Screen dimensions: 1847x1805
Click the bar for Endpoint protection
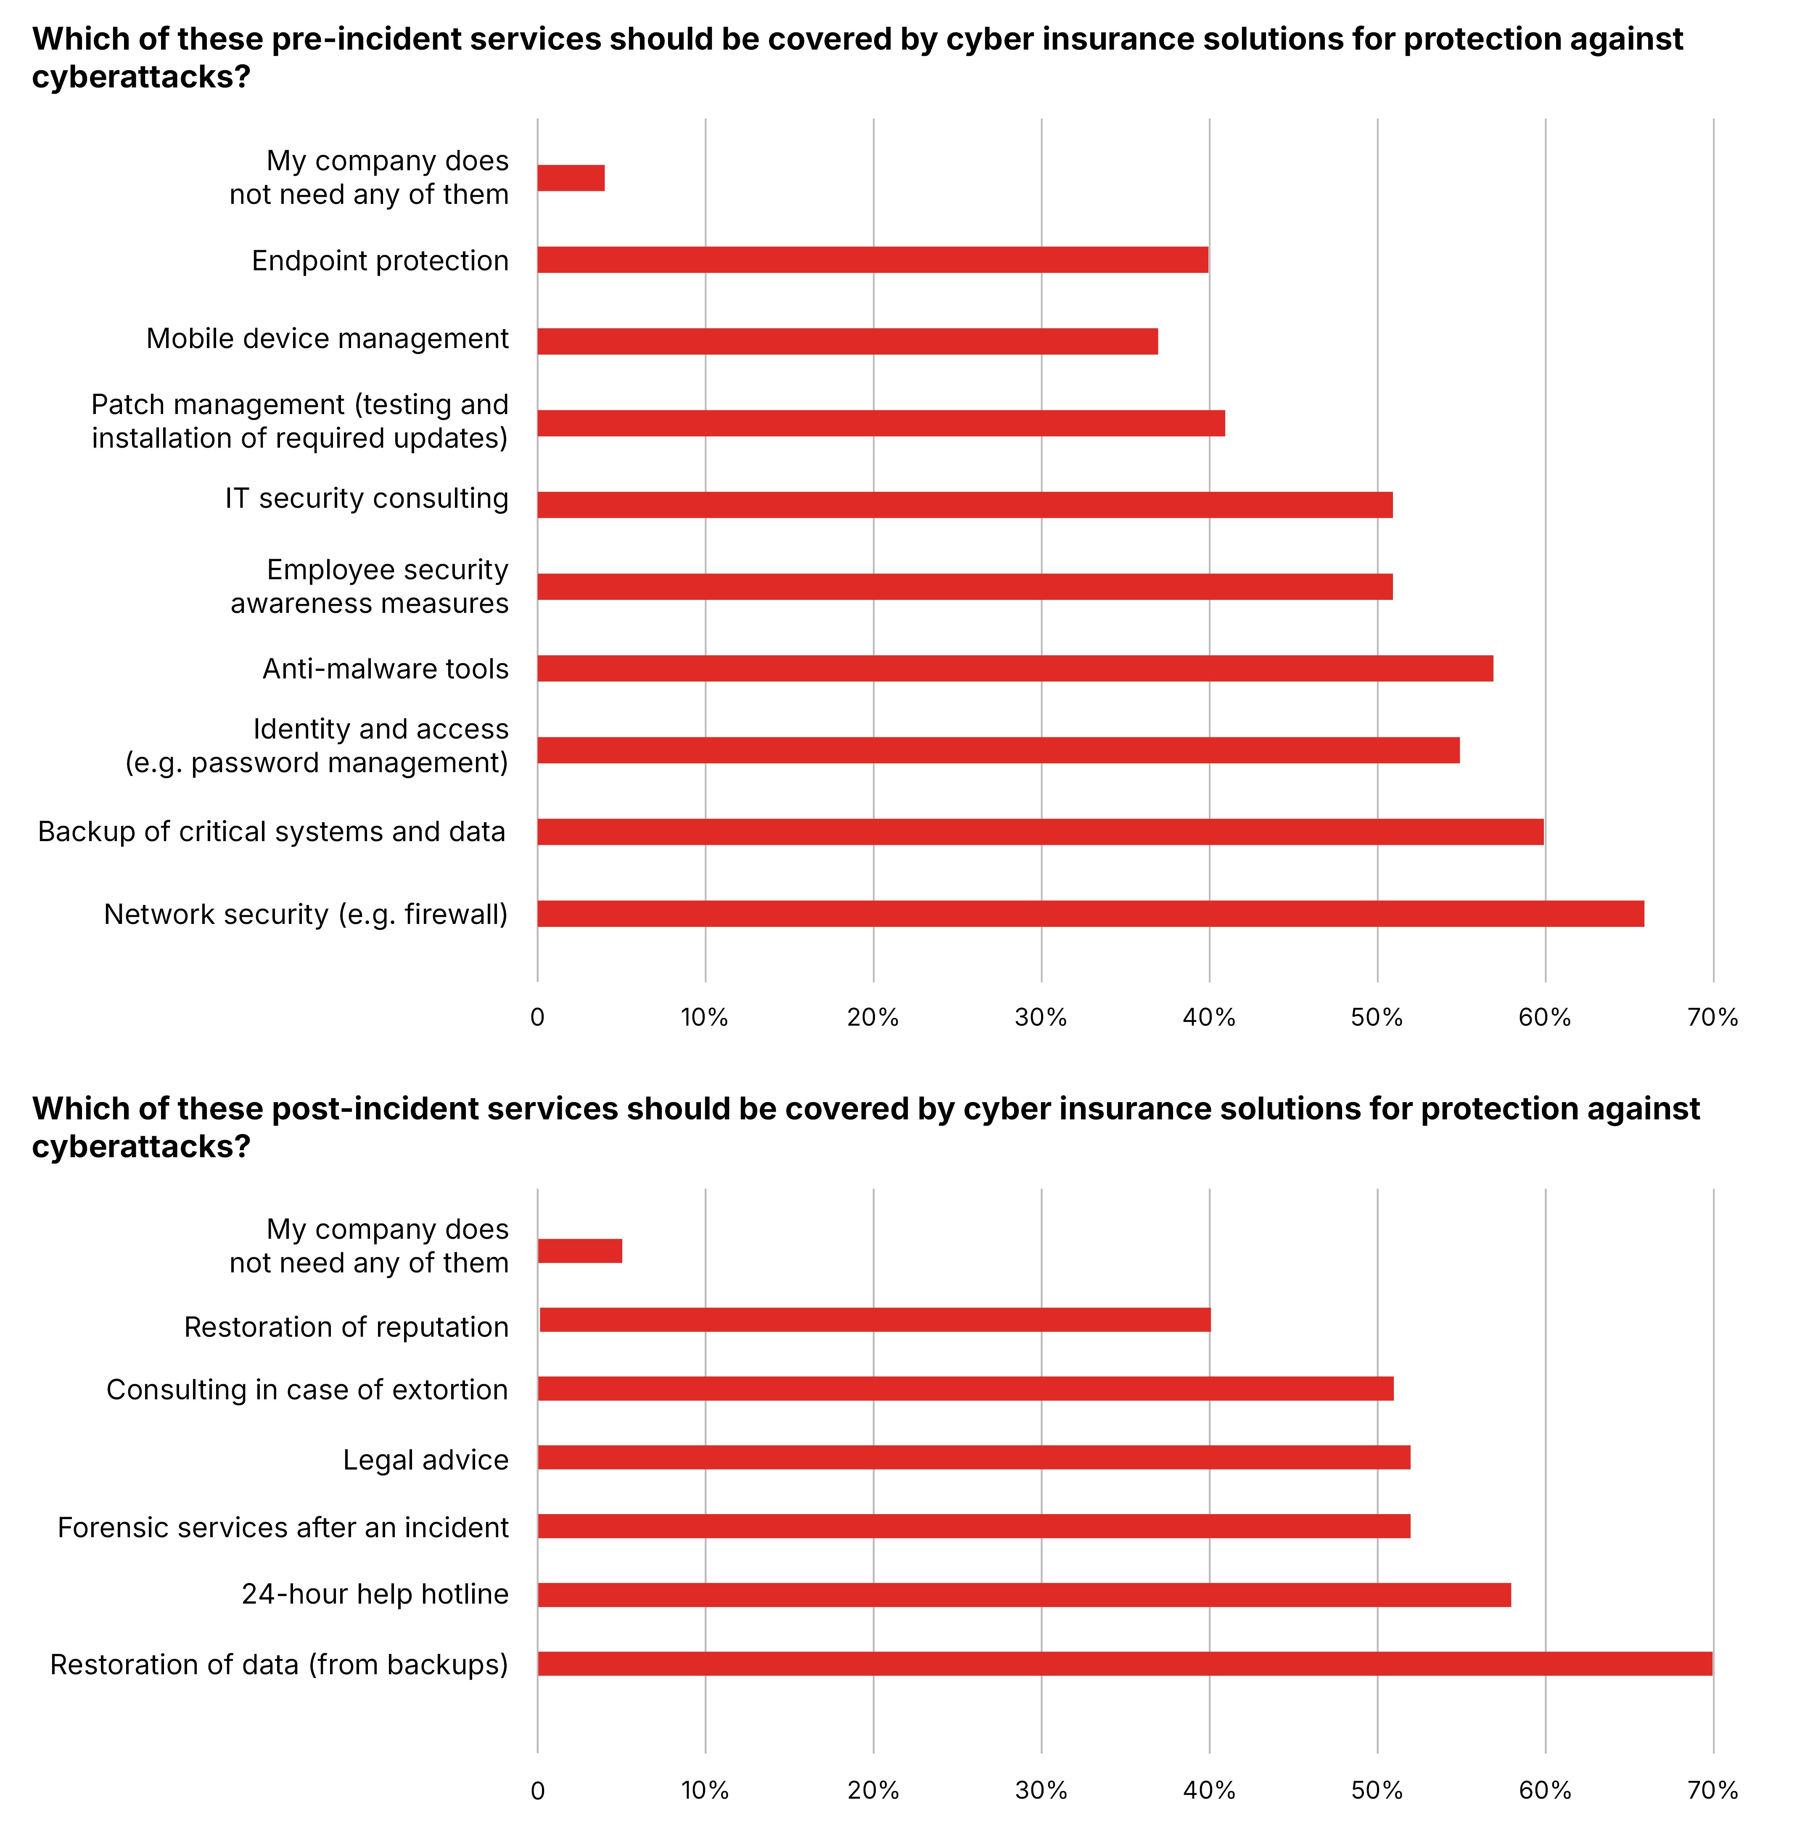tap(872, 260)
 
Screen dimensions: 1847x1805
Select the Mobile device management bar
tap(848, 341)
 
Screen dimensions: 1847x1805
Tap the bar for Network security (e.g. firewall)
tap(1090, 913)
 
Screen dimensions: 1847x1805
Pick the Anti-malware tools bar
tap(1015, 668)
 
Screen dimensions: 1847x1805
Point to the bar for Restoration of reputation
tap(874, 1319)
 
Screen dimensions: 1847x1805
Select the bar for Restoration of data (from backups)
tap(1124, 1663)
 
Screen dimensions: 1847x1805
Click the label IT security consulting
tap(367, 499)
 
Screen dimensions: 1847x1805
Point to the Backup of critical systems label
tap(271, 831)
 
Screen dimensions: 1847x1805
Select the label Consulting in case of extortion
tap(307, 1389)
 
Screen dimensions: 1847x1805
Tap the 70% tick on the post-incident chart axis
tap(1712, 1790)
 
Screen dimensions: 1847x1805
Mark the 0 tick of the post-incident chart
tap(537, 1790)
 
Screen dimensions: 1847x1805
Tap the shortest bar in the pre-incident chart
tap(571, 178)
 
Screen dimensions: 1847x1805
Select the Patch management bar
tap(881, 423)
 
